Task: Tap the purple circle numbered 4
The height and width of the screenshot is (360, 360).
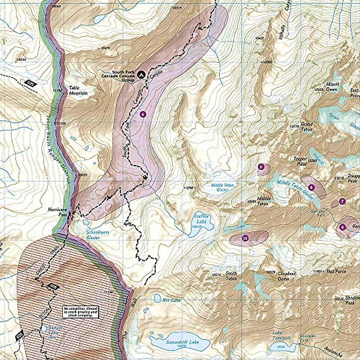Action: pyautogui.click(x=143, y=114)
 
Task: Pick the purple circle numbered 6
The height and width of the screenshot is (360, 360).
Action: pyautogui.click(x=311, y=187)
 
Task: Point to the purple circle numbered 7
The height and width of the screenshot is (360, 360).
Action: pyautogui.click(x=342, y=201)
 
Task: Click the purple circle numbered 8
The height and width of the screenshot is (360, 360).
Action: pyautogui.click(x=342, y=227)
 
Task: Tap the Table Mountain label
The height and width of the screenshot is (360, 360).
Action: pyautogui.click(x=78, y=91)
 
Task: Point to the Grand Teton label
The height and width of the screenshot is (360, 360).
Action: pyautogui.click(x=307, y=127)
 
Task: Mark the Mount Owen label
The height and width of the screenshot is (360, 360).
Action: pyautogui.click(x=333, y=87)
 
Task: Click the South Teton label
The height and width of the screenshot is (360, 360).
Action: pyautogui.click(x=231, y=276)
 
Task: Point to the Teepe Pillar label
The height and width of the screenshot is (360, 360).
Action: pyautogui.click(x=300, y=161)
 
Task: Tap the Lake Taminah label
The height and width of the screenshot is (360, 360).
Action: pyautogui.click(x=281, y=335)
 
